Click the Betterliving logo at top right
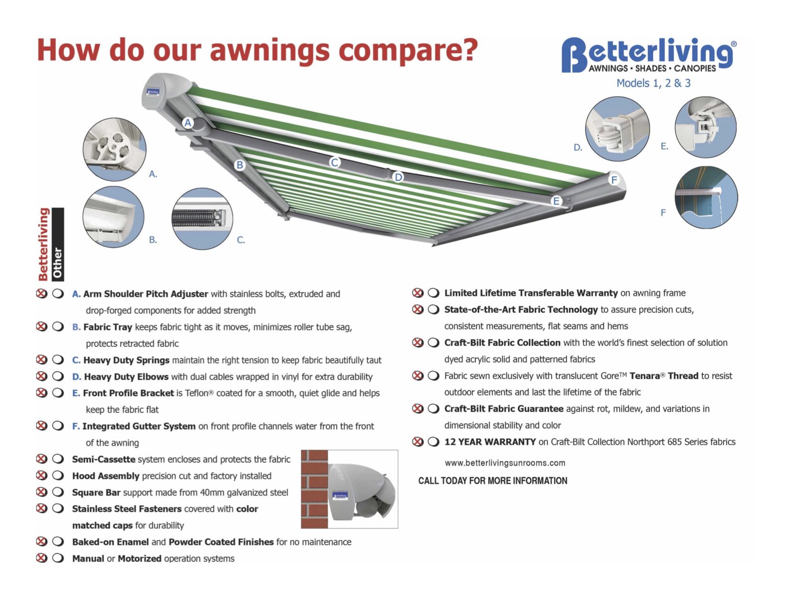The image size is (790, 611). click(x=649, y=55)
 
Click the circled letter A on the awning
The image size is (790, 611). click(x=188, y=123)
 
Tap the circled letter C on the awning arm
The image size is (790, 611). click(x=335, y=162)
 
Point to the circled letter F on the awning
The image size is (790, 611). click(x=614, y=180)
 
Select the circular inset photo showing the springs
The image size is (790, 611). click(x=202, y=219)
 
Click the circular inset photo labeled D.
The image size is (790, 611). click(x=617, y=129)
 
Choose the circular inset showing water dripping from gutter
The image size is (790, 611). click(x=706, y=197)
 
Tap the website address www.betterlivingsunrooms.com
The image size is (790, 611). click(x=505, y=463)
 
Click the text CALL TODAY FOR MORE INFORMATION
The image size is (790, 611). click(x=493, y=481)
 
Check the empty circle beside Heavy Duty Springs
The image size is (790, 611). click(x=58, y=360)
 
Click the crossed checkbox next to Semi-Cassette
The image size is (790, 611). click(x=42, y=459)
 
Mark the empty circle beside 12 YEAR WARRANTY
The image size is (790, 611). click(x=433, y=442)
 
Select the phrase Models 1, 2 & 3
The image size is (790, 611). click(x=653, y=83)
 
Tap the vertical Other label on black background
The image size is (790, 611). click(x=58, y=244)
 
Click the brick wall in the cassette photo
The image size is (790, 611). click(x=314, y=489)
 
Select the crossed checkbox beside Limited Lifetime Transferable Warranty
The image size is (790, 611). click(x=418, y=293)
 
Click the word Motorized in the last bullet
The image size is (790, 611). click(x=139, y=559)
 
